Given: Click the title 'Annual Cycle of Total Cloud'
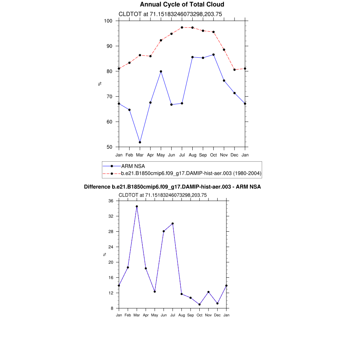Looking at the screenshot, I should [x=182, y=5].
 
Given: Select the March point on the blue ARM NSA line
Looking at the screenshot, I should [x=140, y=142].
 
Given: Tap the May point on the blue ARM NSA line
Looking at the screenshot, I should [x=161, y=71].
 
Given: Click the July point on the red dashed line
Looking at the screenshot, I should [x=182, y=27].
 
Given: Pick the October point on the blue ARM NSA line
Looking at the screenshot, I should [x=213, y=54].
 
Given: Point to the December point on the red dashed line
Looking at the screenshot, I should [x=234, y=70].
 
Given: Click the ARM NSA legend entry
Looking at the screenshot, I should [x=133, y=166].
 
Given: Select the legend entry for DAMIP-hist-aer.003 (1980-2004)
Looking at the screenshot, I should [x=191, y=173].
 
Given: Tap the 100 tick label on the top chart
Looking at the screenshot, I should [x=108, y=21].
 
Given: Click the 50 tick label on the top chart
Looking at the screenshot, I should [x=109, y=147].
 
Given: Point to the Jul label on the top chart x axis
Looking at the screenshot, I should [x=182, y=155].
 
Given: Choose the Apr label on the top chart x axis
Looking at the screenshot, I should [x=150, y=155].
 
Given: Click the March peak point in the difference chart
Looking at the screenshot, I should [x=137, y=206].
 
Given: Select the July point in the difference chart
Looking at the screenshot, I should [x=173, y=223].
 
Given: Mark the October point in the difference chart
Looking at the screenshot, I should [x=200, y=304].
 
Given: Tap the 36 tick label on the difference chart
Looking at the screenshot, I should [x=111, y=201].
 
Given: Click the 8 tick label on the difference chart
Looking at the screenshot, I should [x=112, y=308].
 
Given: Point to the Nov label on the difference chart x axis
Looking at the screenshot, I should [x=208, y=315].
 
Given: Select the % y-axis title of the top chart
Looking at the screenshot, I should [x=99, y=84].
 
